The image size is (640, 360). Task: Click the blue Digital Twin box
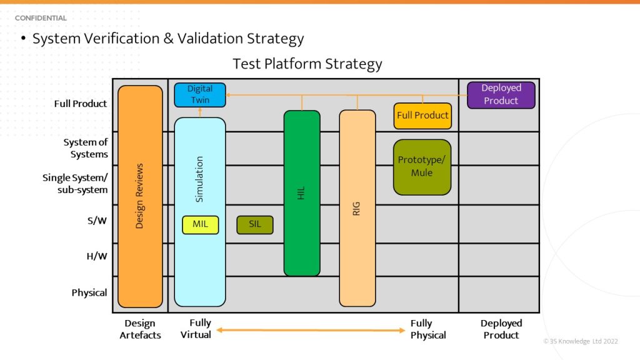(199, 94)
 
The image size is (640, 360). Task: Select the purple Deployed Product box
(501, 95)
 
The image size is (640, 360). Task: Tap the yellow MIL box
(200, 224)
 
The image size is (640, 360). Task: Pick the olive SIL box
(254, 224)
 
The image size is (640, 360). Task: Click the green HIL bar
(302, 193)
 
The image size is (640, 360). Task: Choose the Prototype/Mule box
(422, 166)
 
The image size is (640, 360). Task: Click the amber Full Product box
(422, 116)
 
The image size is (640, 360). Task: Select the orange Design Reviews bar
(140, 196)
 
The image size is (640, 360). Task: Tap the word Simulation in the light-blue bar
(200, 179)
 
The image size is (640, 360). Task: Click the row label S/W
(96, 222)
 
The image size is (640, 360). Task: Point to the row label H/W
(96, 256)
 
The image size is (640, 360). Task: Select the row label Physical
(89, 292)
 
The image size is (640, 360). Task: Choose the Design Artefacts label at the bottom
(139, 329)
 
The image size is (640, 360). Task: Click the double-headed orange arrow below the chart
(311, 330)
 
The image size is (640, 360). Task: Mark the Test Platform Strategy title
(307, 64)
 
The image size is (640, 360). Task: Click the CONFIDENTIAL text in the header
(41, 18)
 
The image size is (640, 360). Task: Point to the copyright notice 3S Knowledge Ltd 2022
(581, 341)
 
